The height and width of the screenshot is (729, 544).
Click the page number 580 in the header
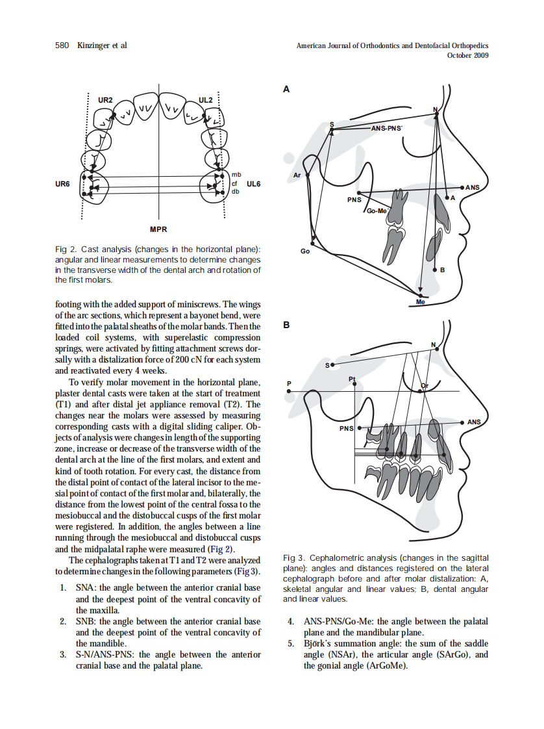tap(62, 45)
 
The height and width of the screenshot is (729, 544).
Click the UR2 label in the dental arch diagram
tap(105, 101)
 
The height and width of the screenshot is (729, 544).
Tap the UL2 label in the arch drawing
tap(206, 101)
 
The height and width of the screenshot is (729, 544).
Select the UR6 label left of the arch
tap(62, 184)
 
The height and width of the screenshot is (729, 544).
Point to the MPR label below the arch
tap(158, 229)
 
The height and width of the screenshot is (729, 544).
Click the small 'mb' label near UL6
tap(236, 175)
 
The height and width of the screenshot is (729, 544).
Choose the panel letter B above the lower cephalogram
tap(286, 325)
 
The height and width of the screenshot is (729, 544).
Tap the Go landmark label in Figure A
tap(304, 251)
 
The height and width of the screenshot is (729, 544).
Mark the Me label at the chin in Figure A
tap(420, 302)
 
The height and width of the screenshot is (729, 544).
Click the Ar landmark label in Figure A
tap(297, 175)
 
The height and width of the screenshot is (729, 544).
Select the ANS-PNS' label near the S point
tap(386, 129)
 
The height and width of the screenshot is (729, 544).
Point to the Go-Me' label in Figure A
tap(377, 211)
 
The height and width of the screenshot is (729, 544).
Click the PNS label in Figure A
tap(353, 199)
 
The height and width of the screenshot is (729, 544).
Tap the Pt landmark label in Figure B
tap(352, 378)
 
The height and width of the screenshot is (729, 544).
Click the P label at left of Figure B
tap(290, 383)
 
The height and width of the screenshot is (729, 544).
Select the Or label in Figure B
tap(425, 387)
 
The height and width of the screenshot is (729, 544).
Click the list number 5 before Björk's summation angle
tap(291, 644)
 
